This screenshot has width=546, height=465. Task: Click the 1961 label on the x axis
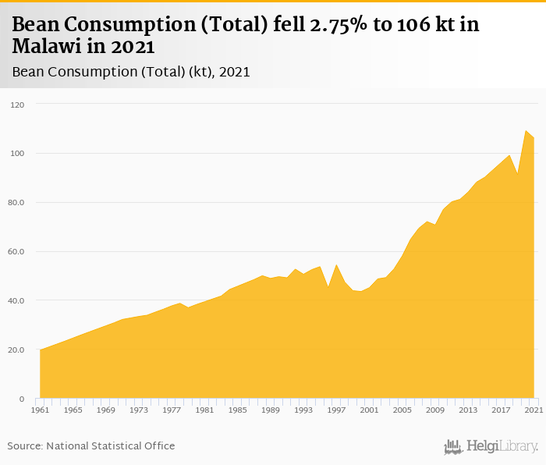tap(40, 410)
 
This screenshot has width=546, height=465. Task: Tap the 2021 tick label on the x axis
tap(534, 410)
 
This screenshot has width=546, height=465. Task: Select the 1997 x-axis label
tap(336, 410)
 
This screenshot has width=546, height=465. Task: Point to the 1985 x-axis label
tap(237, 410)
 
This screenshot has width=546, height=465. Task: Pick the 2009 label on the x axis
tap(434, 410)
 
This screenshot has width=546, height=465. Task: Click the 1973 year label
tap(139, 410)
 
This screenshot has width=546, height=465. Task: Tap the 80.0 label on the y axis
tap(17, 203)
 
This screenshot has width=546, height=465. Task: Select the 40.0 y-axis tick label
tap(17, 301)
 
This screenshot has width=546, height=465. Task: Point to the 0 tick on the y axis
tap(23, 399)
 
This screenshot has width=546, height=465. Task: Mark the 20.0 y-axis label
tap(17, 350)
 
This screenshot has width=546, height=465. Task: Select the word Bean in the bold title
tap(39, 24)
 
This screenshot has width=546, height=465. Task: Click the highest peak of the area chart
tap(526, 131)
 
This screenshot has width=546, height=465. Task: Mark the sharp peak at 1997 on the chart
tap(336, 265)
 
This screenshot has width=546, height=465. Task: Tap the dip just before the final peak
tap(517, 173)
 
